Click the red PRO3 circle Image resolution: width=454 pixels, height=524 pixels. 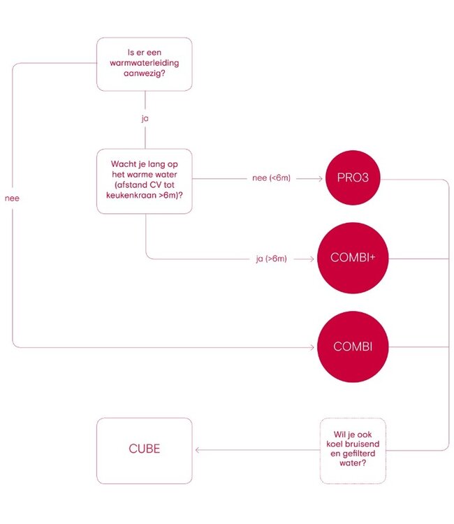(352, 180)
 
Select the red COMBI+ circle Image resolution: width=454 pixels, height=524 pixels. (352, 259)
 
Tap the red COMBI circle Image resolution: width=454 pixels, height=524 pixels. (352, 347)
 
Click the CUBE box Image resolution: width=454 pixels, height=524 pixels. (144, 450)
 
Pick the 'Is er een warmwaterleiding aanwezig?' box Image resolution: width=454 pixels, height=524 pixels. (144, 64)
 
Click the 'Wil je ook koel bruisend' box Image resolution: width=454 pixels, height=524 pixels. (353, 450)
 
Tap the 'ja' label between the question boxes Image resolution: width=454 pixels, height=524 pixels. (145, 118)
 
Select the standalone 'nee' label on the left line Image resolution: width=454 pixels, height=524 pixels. (13, 198)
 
